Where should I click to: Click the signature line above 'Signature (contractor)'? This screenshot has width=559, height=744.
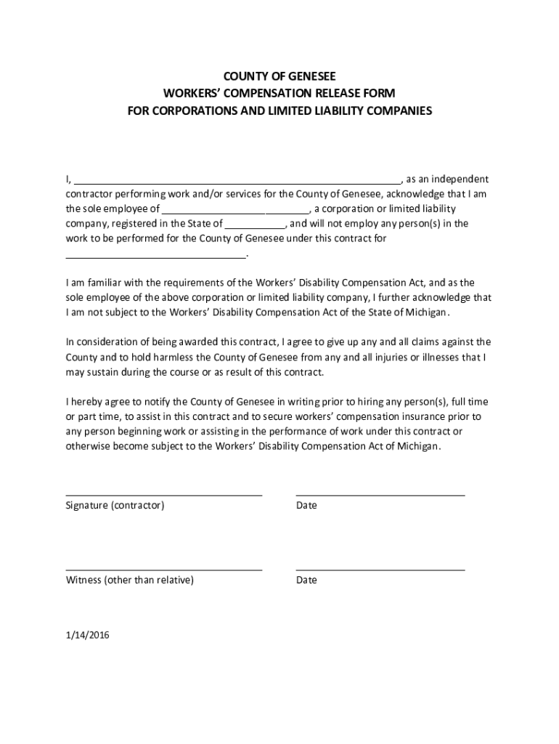(x=163, y=495)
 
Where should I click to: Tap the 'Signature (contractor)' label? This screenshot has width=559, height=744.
(x=115, y=506)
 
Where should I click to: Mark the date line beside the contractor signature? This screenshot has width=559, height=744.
(x=380, y=495)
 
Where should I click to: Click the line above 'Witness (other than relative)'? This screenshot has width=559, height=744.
(x=163, y=570)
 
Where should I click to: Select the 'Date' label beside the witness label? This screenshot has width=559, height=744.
(x=306, y=581)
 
